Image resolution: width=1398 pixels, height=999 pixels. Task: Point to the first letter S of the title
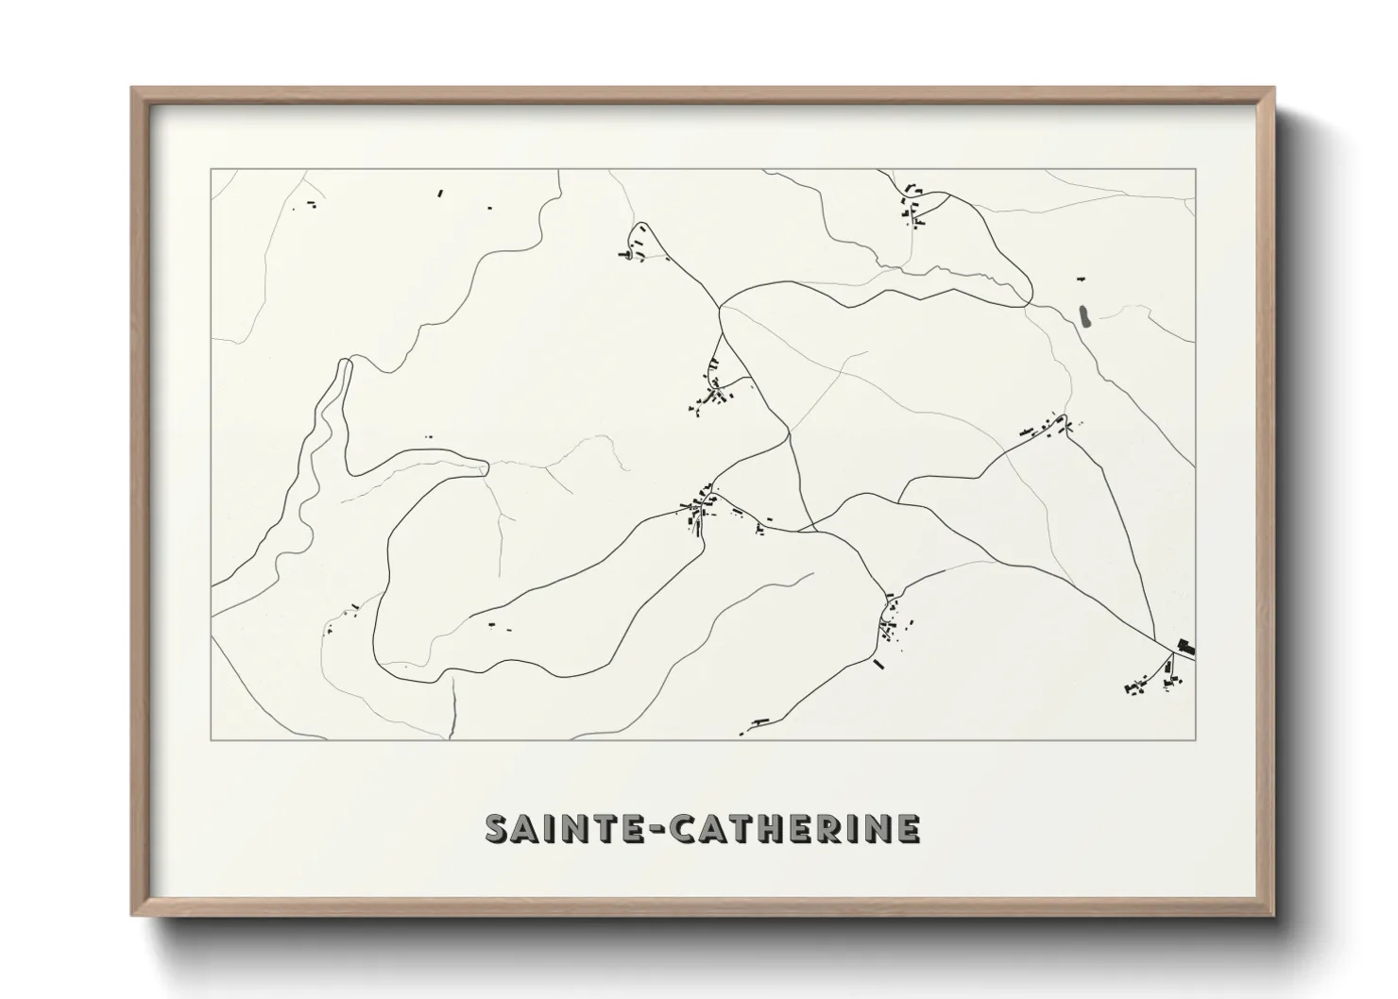tap(497, 828)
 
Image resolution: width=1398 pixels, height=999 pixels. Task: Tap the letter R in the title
tap(841, 828)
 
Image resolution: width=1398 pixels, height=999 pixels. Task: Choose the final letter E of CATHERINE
tap(908, 828)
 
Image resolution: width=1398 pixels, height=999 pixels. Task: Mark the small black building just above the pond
tap(1082, 279)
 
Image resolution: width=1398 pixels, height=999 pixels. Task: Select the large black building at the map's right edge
tap(1185, 647)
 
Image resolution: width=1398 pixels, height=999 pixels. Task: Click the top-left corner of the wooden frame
tap(132, 89)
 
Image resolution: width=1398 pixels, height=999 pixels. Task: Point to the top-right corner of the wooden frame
tap(1273, 89)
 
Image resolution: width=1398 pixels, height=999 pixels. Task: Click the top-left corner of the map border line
tap(212, 170)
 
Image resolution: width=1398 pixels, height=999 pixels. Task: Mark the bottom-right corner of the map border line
tap(1195, 739)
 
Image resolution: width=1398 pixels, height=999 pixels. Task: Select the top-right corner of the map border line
tap(1195, 170)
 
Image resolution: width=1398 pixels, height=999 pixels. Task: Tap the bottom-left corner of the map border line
tap(212, 739)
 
